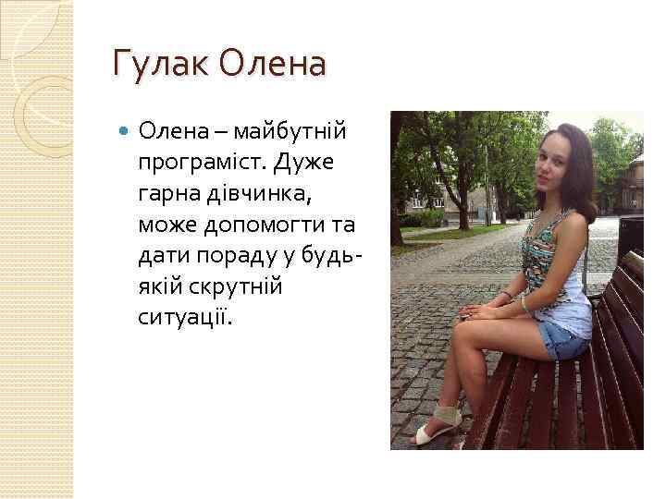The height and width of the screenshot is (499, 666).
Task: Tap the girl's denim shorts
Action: coord(563,340)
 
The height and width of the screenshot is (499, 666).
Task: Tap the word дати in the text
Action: coord(163,256)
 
